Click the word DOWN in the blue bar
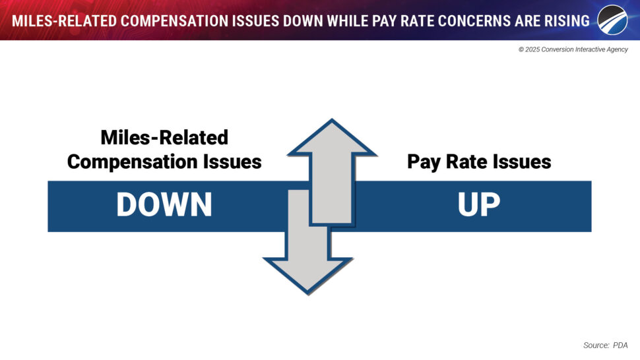(164, 204)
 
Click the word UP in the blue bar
(479, 204)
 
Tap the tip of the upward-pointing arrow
(332, 119)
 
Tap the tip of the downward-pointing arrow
(308, 293)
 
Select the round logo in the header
(613, 20)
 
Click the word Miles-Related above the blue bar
(164, 137)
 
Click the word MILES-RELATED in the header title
(64, 21)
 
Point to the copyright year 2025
(532, 49)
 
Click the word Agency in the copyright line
(617, 49)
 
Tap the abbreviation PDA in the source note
(620, 345)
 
